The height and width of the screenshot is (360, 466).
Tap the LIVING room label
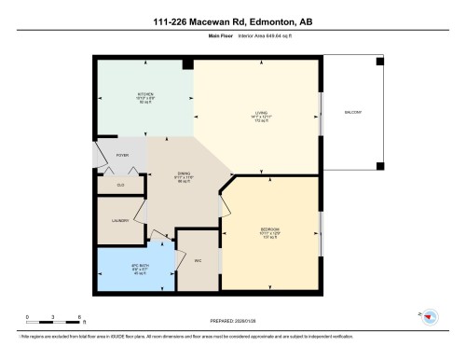(261, 114)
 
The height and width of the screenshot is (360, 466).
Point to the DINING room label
(185, 174)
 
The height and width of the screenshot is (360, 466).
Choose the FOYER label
(121, 156)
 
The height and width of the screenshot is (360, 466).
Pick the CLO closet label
(120, 185)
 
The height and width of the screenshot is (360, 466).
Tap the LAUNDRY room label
(120, 221)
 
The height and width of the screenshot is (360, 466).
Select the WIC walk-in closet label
(199, 260)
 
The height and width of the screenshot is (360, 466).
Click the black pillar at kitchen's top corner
(188, 63)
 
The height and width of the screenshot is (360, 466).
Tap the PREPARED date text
(232, 322)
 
